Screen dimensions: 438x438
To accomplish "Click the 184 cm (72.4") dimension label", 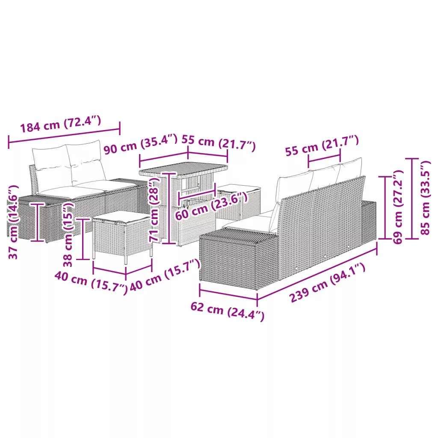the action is coord(61,124).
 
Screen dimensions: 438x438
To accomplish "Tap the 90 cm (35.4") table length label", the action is coord(140,144).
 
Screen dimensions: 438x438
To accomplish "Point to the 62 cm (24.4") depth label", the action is coord(228,311).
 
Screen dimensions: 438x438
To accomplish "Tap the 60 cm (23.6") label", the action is coord(211,206).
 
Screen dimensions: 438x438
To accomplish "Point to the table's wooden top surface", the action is coord(183,169).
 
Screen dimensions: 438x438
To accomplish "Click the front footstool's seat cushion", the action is coord(121,216).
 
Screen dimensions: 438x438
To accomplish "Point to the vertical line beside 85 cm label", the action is coord(412,198).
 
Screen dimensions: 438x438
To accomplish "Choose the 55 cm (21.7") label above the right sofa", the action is coord(322,146).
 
